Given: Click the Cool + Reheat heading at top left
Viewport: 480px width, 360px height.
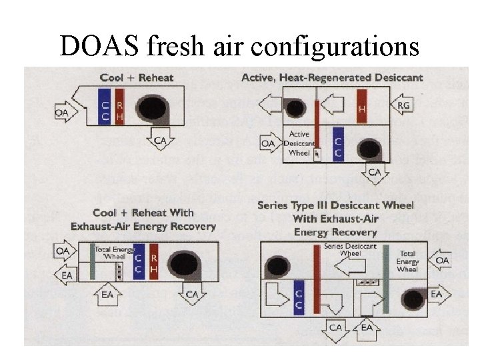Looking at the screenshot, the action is pyautogui.click(x=137, y=77).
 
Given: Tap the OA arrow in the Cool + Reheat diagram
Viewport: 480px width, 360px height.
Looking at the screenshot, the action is pyautogui.click(x=62, y=113).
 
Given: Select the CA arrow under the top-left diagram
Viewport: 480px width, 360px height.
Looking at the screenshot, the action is pyautogui.click(x=161, y=140).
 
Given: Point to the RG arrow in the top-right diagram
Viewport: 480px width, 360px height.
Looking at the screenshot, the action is pyautogui.click(x=403, y=105).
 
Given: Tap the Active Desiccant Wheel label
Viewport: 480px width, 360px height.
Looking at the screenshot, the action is pyautogui.click(x=299, y=143).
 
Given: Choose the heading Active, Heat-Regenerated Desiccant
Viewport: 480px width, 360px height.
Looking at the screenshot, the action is pyautogui.click(x=332, y=77).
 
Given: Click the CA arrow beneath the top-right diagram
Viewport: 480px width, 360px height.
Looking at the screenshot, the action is pyautogui.click(x=375, y=173).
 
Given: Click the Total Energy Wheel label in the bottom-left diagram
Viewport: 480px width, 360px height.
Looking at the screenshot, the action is pyautogui.click(x=109, y=253).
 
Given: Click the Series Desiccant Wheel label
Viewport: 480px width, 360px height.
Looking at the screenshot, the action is pyautogui.click(x=349, y=249).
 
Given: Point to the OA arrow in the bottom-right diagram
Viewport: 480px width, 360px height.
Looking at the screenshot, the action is pyautogui.click(x=441, y=260).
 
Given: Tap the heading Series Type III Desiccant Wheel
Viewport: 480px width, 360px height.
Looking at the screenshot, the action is pyautogui.click(x=336, y=205).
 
